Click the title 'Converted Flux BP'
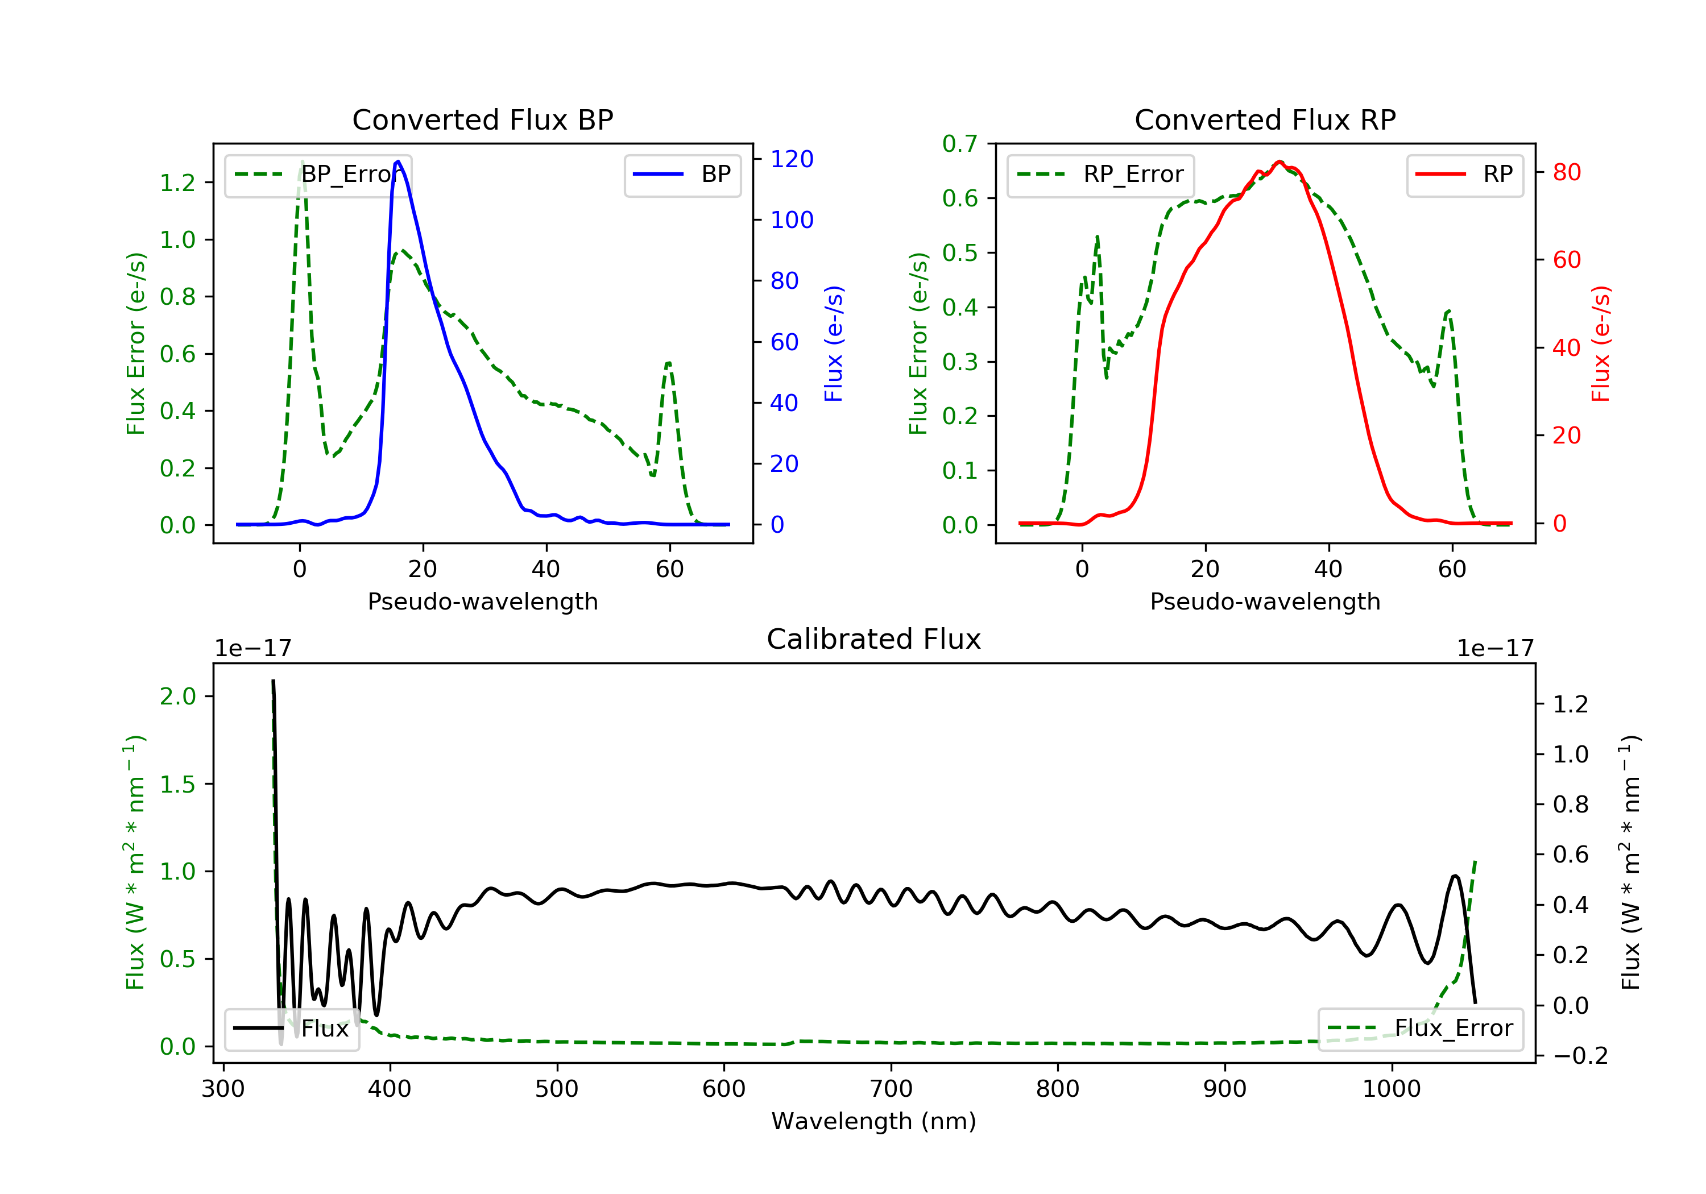482,119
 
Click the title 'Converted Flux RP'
1265,119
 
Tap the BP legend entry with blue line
682,175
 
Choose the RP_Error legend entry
1100,175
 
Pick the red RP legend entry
1464,175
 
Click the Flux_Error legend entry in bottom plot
1420,1029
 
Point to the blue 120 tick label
792,159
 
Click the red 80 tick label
1566,172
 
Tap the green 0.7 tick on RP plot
959,143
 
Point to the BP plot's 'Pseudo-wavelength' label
482,601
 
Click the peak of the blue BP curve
398,161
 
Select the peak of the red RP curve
1279,161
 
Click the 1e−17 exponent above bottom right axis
1495,649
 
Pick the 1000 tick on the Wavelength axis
1391,1089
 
